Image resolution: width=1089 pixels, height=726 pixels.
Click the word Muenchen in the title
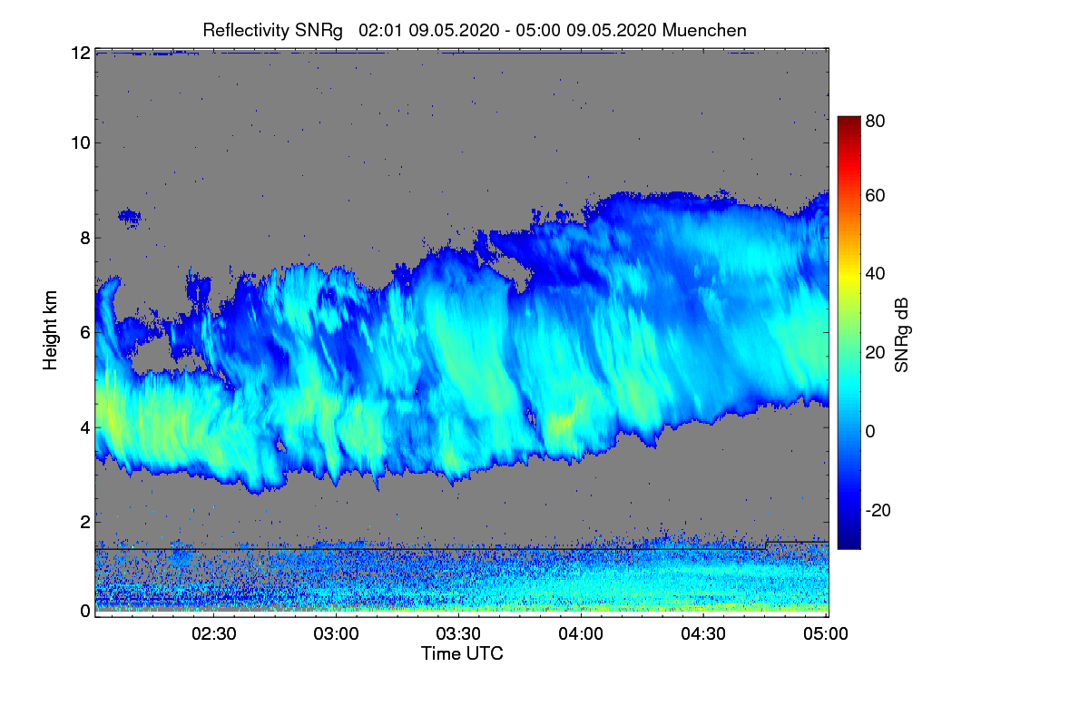click(704, 30)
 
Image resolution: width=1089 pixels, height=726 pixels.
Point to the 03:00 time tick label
click(338, 634)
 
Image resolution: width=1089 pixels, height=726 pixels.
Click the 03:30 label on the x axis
click(460, 634)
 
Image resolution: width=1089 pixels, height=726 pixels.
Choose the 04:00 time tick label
click(582, 634)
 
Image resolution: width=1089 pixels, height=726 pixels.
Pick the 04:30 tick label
click(703, 634)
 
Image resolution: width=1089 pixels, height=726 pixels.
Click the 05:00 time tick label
click(826, 634)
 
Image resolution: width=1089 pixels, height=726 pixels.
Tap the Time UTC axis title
click(462, 653)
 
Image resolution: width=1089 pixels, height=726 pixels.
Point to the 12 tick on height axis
click(80, 53)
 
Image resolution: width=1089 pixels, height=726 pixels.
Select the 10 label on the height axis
click(80, 142)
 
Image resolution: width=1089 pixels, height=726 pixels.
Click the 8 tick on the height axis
click(84, 238)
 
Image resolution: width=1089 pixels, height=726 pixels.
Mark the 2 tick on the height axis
click(84, 522)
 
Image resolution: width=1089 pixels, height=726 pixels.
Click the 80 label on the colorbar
click(875, 119)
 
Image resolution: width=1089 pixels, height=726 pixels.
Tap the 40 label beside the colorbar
click(875, 273)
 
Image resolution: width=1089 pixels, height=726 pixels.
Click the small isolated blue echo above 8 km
click(130, 216)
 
